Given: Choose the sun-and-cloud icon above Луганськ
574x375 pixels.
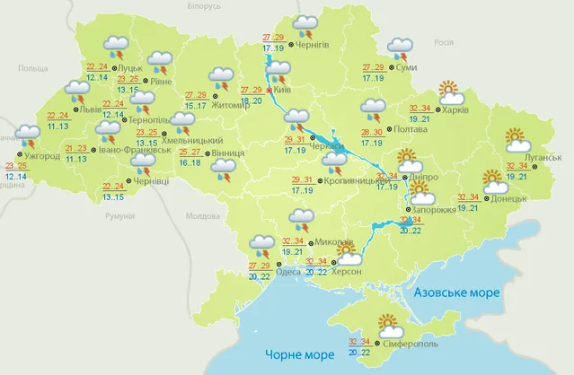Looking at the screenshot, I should [518, 139].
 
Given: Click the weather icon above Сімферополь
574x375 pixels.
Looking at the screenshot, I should [388, 323].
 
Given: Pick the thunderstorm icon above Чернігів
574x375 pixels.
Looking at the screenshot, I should [305, 24].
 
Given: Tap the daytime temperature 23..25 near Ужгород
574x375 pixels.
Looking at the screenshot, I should [15, 166].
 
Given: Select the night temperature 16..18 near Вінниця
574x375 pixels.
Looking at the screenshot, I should [190, 163].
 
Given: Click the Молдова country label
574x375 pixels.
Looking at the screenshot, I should [201, 216].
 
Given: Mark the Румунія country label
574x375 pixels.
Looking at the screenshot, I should [119, 216].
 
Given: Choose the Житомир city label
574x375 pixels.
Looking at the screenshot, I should [231, 105].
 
